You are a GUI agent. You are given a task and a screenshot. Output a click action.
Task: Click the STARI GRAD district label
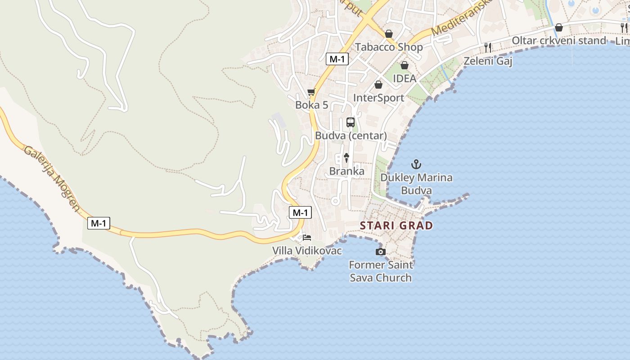pyautogui.click(x=396, y=225)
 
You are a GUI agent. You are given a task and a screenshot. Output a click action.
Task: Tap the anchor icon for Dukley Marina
pyautogui.click(x=416, y=164)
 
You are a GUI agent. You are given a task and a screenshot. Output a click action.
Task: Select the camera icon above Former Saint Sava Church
pyautogui.click(x=381, y=252)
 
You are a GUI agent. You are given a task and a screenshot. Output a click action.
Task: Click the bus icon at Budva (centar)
pyautogui.click(x=351, y=122)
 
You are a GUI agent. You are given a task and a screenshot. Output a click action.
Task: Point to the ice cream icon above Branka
pyautogui.click(x=346, y=158)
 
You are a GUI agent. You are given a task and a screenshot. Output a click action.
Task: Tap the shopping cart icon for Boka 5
pyautogui.click(x=311, y=92)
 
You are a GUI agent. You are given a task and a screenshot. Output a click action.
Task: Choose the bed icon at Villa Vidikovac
pyautogui.click(x=307, y=238)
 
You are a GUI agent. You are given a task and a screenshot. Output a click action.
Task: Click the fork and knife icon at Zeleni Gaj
pyautogui.click(x=488, y=47)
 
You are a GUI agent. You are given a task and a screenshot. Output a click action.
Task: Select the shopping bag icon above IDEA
pyautogui.click(x=404, y=65)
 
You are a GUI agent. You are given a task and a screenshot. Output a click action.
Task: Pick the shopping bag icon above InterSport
pyautogui.click(x=378, y=85)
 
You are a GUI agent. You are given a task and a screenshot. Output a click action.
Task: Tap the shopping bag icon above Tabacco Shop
pyautogui.click(x=389, y=34)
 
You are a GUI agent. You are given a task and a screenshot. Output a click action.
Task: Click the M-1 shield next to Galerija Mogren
pyautogui.click(x=99, y=223)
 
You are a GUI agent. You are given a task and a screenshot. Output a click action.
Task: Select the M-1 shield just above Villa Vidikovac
pyautogui.click(x=300, y=212)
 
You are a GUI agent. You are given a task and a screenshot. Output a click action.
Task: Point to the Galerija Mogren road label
pyautogui.click(x=52, y=178)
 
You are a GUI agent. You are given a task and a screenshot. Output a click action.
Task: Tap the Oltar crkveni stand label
pyautogui.click(x=559, y=40)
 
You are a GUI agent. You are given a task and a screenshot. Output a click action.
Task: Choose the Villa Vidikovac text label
pyautogui.click(x=307, y=251)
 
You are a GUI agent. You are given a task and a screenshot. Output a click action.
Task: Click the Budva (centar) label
pyautogui.click(x=351, y=135)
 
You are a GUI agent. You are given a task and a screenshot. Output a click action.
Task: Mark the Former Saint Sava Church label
pyautogui.click(x=381, y=271)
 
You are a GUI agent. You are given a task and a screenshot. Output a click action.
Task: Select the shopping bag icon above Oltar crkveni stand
pyautogui.click(x=559, y=27)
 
